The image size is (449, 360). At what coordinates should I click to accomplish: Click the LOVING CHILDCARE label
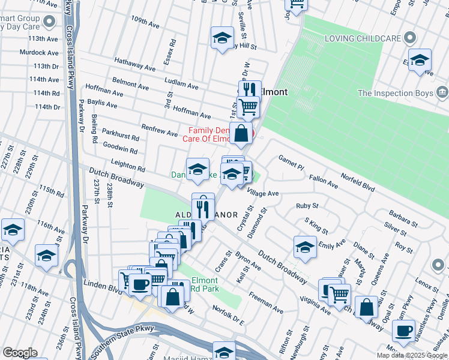pyautogui.click(x=363, y=38)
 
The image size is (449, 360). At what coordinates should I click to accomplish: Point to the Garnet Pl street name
pyautogui.click(x=292, y=162)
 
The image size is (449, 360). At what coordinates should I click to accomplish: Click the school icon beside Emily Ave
pyautogui.click(x=305, y=245)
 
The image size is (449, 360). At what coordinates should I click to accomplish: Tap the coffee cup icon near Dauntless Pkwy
pyautogui.click(x=403, y=330)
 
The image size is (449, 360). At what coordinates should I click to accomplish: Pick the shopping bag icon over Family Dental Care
pyautogui.click(x=241, y=133)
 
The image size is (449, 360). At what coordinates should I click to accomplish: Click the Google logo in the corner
pyautogui.click(x=19, y=353)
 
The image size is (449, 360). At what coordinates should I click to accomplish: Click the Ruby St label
pyautogui.click(x=307, y=206)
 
